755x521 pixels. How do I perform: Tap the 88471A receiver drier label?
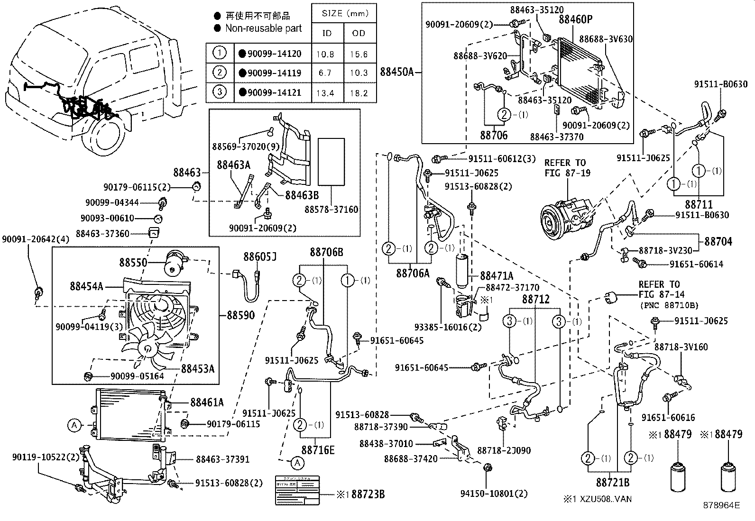click(497, 275)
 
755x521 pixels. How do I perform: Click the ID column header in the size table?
click(327, 33)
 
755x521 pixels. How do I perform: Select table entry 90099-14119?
click(274, 73)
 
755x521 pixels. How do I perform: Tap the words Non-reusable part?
click(263, 28)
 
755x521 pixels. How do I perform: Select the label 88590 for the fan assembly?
click(240, 315)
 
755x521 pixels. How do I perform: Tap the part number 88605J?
click(260, 257)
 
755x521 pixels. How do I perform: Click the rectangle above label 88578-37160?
click(331, 161)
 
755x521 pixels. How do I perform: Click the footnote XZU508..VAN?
click(597, 499)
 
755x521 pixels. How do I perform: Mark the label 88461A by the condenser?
click(207, 402)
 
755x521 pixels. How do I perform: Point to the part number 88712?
click(536, 299)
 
